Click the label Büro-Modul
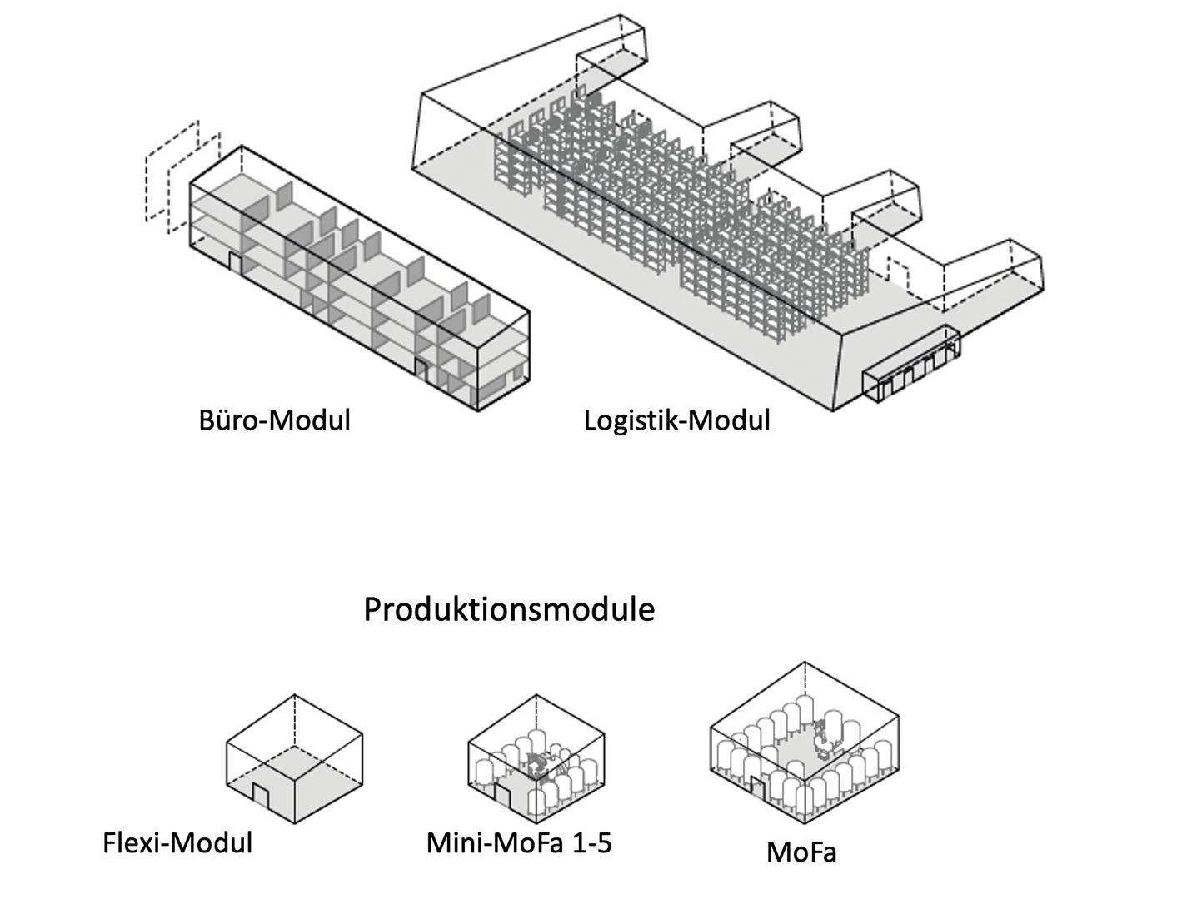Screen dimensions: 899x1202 coord(274,420)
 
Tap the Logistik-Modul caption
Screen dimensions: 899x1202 coord(676,420)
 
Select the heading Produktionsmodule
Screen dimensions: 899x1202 coord(509,610)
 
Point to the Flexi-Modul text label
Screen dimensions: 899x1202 coord(177,842)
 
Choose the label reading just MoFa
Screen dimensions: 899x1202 coord(801,852)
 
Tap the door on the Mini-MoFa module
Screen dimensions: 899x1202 coord(503,794)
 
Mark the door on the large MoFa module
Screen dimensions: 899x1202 coord(759,787)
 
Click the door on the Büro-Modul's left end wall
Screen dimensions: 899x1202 coord(236,264)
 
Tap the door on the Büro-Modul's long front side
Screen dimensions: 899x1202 coord(421,370)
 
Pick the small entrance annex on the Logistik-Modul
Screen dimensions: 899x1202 coord(910,367)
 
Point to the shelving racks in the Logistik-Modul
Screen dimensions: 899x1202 coord(666,216)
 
